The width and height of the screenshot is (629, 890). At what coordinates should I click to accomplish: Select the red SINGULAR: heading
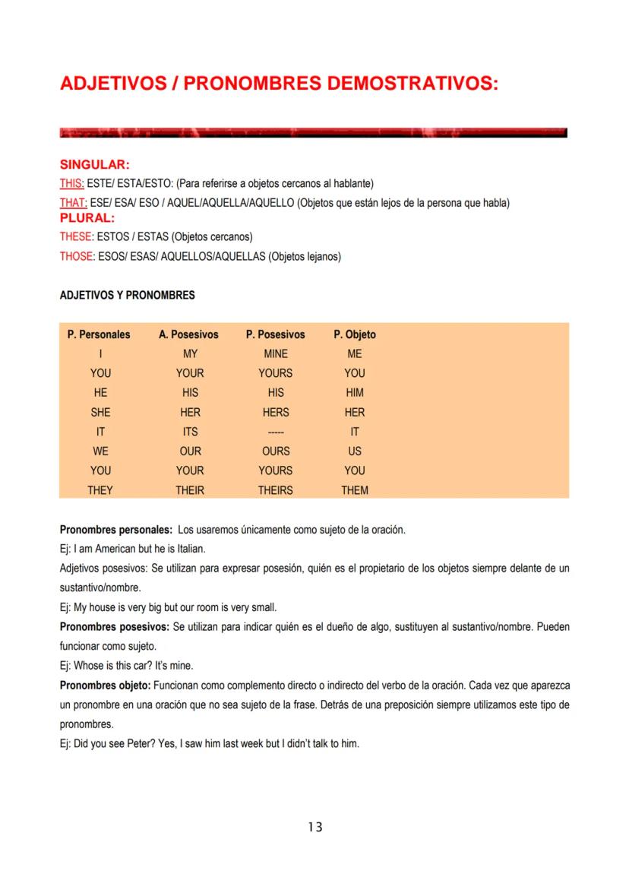click(94, 165)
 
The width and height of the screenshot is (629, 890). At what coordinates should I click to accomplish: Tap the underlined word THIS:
click(72, 184)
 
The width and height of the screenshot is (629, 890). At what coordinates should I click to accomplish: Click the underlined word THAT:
click(73, 203)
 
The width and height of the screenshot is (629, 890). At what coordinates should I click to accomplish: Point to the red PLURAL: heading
click(87, 218)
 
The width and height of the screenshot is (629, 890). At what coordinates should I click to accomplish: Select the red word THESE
click(76, 237)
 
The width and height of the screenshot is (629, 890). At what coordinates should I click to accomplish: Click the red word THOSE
click(76, 257)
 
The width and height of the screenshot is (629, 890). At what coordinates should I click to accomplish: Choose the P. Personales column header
click(99, 334)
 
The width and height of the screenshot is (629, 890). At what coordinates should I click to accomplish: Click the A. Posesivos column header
click(188, 334)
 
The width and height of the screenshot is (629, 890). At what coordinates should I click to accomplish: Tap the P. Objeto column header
click(355, 334)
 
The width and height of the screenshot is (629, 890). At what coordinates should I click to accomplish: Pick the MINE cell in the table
click(276, 354)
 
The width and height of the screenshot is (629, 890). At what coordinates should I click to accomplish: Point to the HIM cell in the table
click(355, 393)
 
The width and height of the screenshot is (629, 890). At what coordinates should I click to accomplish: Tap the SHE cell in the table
click(100, 413)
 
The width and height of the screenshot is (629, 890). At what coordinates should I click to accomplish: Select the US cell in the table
click(355, 451)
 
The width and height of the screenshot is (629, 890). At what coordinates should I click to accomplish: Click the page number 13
click(315, 827)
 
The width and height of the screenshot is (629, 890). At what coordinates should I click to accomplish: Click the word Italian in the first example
click(189, 548)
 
